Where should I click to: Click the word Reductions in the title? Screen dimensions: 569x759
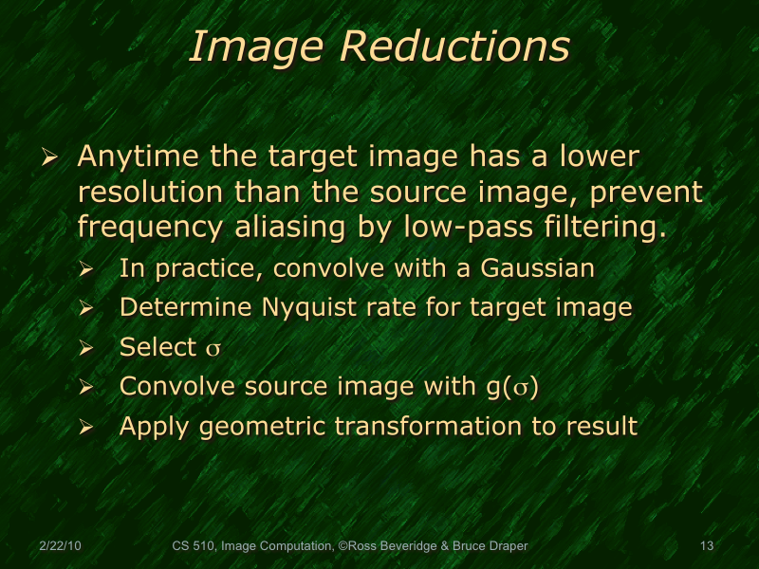coord(455,46)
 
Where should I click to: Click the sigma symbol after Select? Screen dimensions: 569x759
coord(213,348)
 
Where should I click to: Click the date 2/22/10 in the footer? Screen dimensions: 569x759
coord(60,546)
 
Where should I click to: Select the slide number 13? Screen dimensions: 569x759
coord(705,546)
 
